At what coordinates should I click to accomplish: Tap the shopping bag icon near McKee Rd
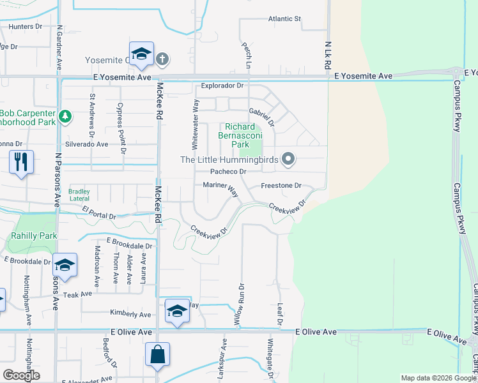[157, 354]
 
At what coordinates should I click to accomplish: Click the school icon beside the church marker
[141, 54]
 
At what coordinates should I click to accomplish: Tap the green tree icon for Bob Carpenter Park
[65, 116]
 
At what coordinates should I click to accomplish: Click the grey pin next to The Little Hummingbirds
[288, 159]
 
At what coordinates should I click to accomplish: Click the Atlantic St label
[284, 19]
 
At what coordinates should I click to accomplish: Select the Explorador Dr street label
[222, 85]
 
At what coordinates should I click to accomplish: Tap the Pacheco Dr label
[228, 172]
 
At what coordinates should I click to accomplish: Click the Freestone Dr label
[281, 186]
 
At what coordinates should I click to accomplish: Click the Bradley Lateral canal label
[79, 195]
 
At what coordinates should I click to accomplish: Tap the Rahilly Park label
[33, 236]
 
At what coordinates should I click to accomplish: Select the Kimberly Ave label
[130, 314]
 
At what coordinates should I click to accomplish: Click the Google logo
[21, 375]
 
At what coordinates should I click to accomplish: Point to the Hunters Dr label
[26, 27]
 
